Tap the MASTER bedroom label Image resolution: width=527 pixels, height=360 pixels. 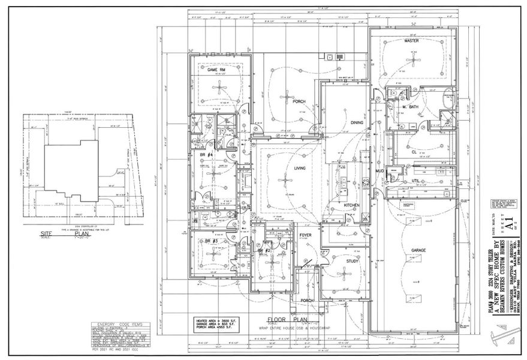[x=411, y=41]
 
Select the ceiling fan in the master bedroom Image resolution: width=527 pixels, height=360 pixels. [x=411, y=59]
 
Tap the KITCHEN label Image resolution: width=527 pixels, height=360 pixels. [x=351, y=205]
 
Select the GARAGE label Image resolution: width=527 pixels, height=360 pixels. [x=418, y=250]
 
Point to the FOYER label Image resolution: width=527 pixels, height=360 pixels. [x=305, y=236]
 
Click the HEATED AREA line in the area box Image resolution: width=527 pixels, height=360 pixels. [x=214, y=320]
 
